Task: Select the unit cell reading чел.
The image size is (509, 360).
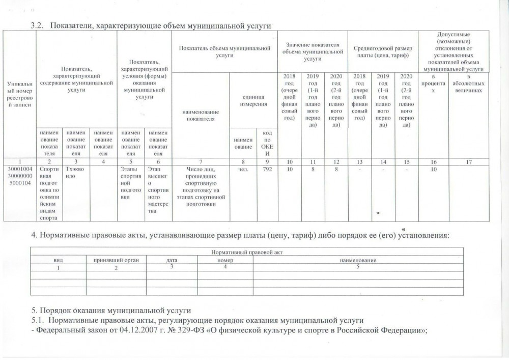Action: [x=241, y=169]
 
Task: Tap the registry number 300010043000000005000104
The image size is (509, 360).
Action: [x=19, y=176]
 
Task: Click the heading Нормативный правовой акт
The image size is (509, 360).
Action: [x=247, y=252]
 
